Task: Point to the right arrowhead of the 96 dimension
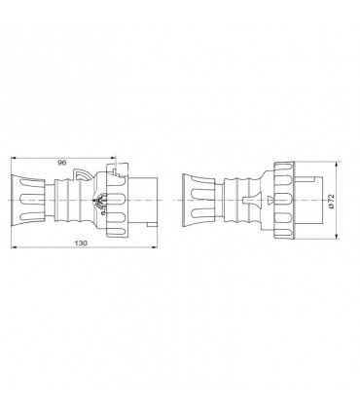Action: point(114,169)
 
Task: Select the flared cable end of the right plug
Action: point(196,202)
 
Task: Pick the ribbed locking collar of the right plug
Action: point(283,202)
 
